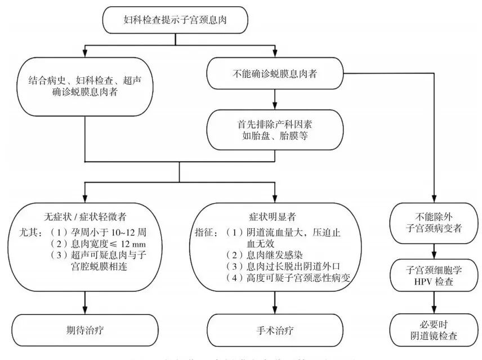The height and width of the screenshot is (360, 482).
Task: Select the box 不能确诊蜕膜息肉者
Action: click(275, 72)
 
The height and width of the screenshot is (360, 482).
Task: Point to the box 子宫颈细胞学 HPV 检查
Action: click(433, 276)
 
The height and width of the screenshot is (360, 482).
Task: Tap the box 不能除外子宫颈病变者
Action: click(433, 221)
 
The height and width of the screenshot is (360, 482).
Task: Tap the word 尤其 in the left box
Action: click(28, 232)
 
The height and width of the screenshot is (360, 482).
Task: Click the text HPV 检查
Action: click(433, 282)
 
